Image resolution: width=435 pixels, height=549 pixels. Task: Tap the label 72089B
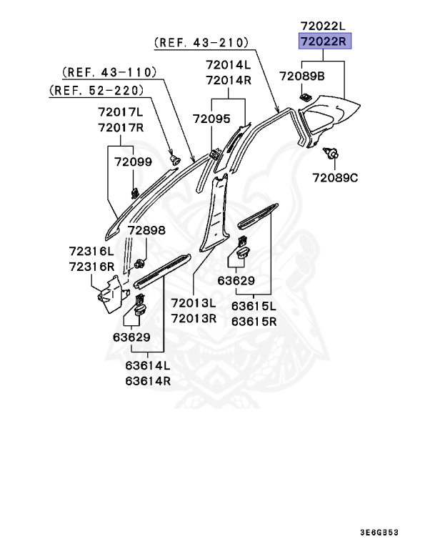click(x=301, y=75)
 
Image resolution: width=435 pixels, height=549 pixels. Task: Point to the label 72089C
click(x=334, y=177)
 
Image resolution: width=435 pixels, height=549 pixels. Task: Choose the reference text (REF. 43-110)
click(x=109, y=72)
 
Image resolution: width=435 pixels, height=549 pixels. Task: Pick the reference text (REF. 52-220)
click(x=96, y=90)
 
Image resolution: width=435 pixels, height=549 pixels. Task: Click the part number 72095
click(x=211, y=119)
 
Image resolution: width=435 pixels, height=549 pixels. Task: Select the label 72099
click(x=133, y=162)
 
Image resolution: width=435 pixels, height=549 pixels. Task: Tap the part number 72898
click(x=146, y=231)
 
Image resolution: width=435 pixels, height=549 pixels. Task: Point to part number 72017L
click(x=121, y=113)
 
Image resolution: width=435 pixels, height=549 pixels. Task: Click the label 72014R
click(x=229, y=80)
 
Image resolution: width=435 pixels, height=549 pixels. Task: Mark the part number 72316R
click(x=91, y=266)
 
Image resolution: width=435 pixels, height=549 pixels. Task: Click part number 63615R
click(x=254, y=321)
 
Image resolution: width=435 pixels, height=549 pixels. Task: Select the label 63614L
click(x=148, y=366)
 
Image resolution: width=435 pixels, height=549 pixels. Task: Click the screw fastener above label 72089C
click(x=331, y=153)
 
